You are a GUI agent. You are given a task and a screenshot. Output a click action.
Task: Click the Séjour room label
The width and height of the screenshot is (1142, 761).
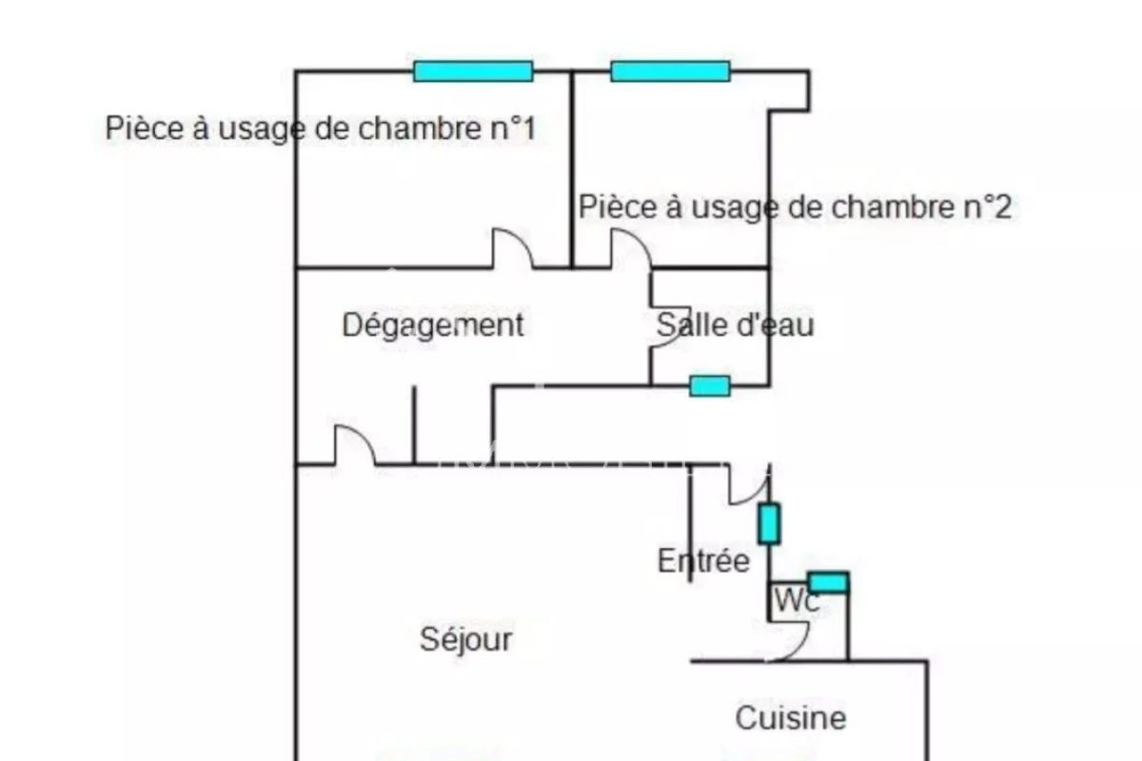[x=466, y=639]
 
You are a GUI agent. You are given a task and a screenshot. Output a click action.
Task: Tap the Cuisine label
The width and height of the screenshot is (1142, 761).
[x=791, y=717]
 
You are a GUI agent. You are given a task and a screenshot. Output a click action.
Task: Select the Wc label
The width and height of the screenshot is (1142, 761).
[x=796, y=601]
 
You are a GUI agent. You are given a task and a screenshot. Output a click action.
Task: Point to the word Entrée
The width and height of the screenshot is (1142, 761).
[x=703, y=561]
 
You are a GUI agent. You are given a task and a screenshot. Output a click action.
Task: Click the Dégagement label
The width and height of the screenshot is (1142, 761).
[x=433, y=325]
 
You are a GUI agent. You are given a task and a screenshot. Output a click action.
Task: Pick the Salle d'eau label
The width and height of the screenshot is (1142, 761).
[x=735, y=325]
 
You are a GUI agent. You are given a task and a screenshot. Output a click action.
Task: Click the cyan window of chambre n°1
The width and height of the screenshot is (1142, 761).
[x=473, y=71]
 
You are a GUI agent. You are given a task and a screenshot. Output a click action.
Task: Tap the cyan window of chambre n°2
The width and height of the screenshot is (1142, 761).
[x=670, y=71]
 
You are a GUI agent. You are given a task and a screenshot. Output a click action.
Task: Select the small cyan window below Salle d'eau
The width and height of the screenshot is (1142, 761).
[x=710, y=385]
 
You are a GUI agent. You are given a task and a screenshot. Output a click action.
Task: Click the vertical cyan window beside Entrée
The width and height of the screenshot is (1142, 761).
[x=769, y=524]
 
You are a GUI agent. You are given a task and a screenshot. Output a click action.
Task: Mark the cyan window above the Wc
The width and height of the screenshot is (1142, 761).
[x=828, y=582]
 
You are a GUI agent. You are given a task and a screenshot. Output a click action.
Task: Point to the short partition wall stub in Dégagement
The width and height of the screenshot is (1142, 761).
[x=414, y=424]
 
